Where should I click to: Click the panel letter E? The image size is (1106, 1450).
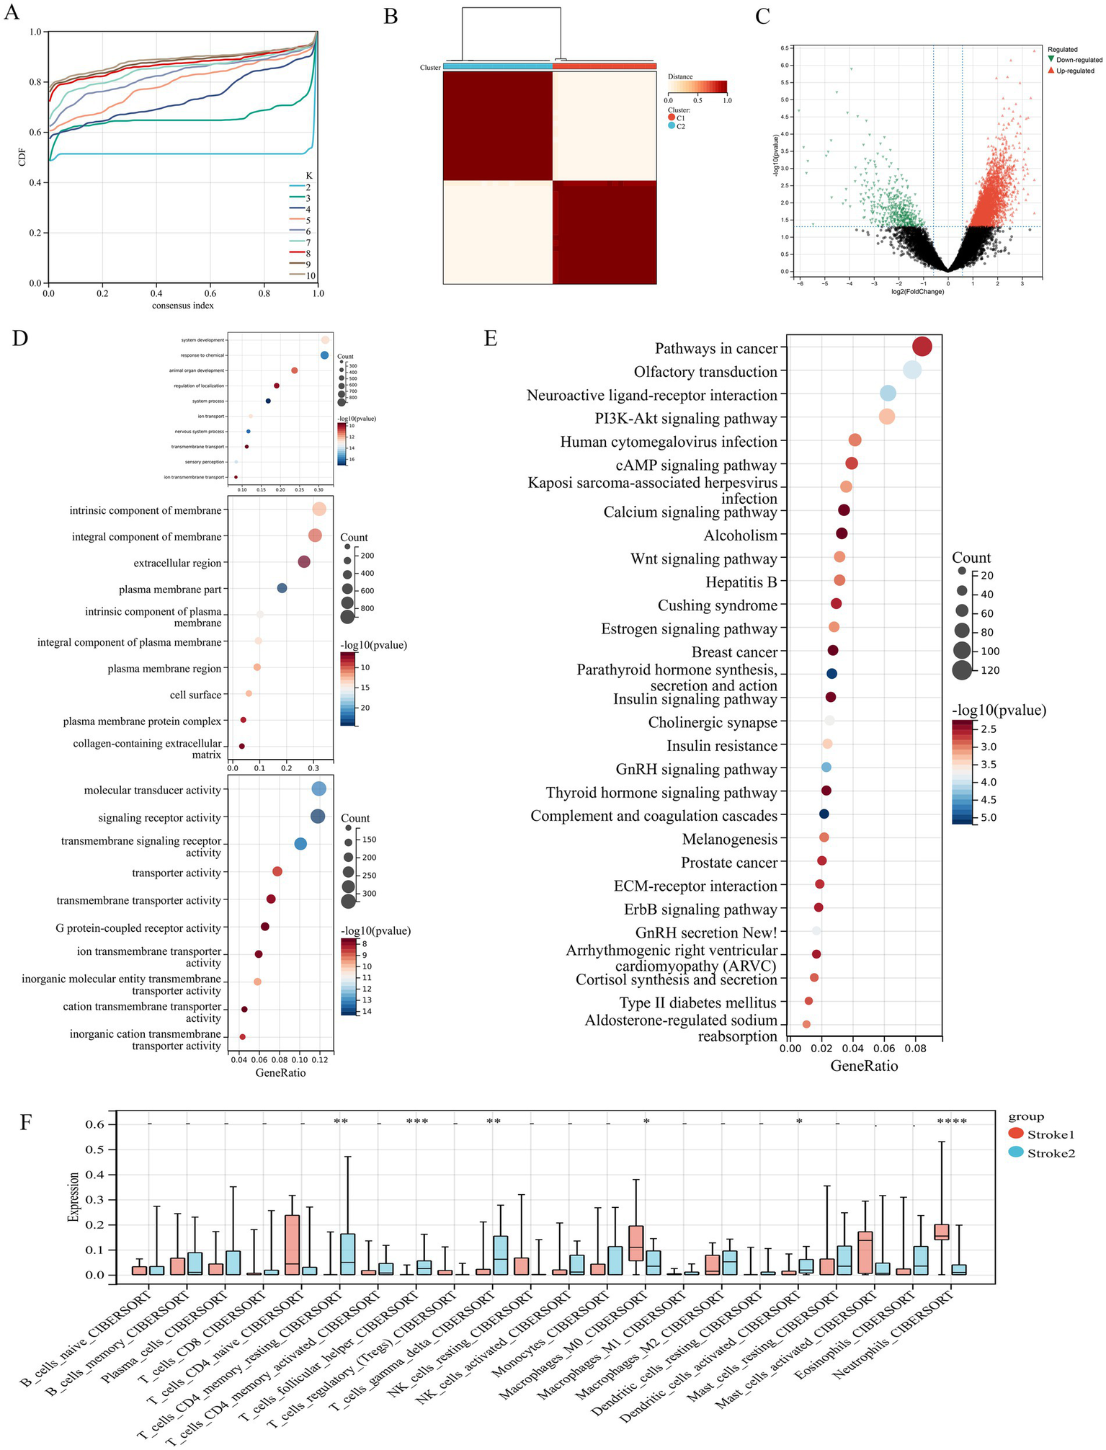click(491, 339)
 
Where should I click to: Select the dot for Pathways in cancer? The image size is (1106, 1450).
click(922, 347)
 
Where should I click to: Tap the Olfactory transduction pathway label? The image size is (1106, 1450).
click(705, 372)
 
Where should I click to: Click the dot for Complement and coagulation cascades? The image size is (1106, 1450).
click(824, 814)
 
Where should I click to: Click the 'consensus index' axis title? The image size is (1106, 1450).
click(183, 306)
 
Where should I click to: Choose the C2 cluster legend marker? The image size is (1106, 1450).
click(672, 126)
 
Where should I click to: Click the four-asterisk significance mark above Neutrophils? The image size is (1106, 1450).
click(951, 1121)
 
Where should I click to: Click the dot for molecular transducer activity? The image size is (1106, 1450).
click(318, 789)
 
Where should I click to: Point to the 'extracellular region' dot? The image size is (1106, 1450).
click(304, 562)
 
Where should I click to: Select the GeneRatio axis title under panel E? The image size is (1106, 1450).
click(864, 1066)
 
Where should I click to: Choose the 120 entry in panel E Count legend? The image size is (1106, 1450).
click(961, 670)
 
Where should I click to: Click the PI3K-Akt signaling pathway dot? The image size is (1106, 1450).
click(887, 417)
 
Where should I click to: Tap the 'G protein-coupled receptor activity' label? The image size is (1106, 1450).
click(138, 928)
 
